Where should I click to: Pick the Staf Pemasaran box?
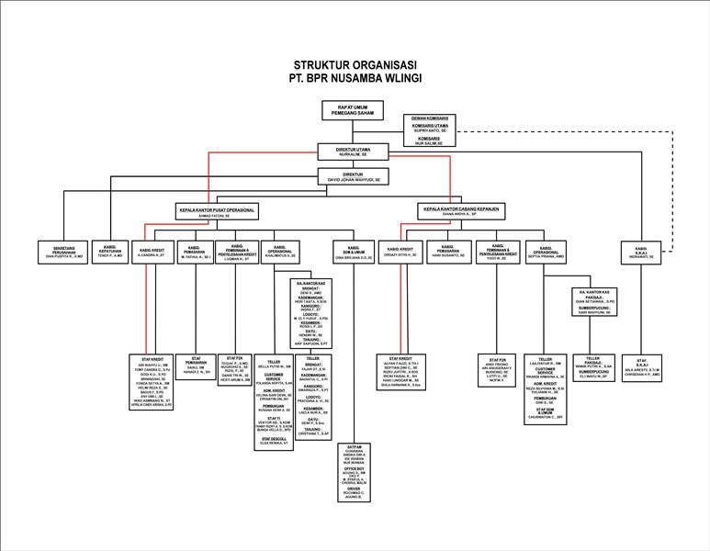point(195,365)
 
